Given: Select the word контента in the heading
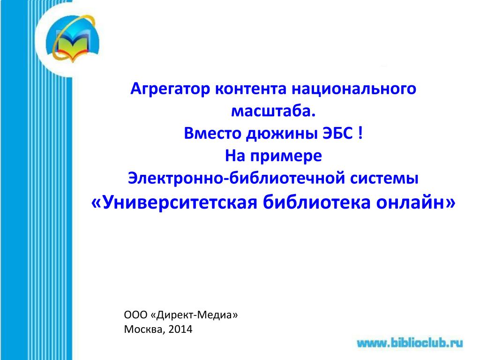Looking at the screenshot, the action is (251, 89).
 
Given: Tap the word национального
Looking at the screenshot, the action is (353, 89).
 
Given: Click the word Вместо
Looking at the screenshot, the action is (212, 134).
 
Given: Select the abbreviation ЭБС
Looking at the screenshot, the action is (338, 134).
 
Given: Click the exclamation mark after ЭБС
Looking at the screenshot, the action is (360, 134).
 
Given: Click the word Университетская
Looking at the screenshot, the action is (174, 202).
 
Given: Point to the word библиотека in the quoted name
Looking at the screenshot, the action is (316, 202).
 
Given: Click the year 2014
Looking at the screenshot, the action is (180, 330).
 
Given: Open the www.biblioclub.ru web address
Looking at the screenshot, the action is (410, 343).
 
